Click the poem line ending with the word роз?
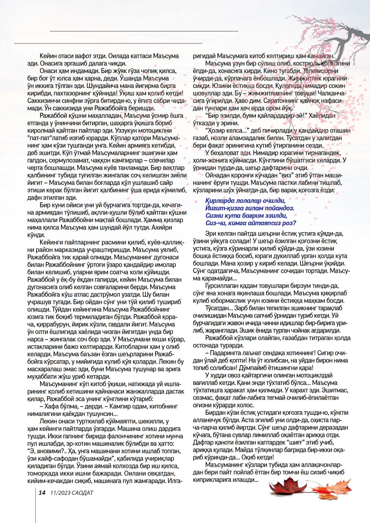pyautogui.click(x=251, y=222)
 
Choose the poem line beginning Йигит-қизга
pyautogui.click(x=250, y=208)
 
